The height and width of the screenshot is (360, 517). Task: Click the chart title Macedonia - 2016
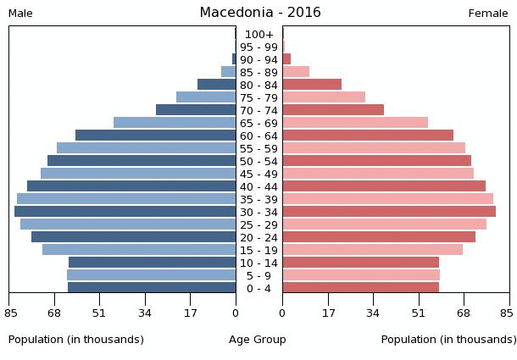pos(260,13)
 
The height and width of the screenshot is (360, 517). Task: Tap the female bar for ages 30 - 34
pos(389,212)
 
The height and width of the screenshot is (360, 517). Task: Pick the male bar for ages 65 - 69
pos(175,123)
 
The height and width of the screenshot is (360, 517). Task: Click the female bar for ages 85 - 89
pos(296,72)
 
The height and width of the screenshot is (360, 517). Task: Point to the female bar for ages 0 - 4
pos(361,288)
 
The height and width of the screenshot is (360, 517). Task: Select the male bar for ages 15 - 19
pos(139,250)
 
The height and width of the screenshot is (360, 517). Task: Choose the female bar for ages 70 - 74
pos(333,110)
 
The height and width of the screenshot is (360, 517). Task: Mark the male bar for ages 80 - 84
pos(217,85)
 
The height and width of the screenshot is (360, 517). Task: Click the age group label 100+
pos(258,34)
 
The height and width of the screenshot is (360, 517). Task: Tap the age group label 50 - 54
pos(258,161)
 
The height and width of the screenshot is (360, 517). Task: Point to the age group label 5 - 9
pos(258,275)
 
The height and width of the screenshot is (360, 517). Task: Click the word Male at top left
pos(20,14)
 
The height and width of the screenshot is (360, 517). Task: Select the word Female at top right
pos(488,14)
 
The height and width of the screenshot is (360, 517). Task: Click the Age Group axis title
pos(258,340)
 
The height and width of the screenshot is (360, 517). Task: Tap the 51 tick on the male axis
pos(99,313)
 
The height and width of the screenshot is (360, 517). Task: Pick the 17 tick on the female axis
pos(328,313)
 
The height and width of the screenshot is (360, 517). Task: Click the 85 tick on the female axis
pos(507,313)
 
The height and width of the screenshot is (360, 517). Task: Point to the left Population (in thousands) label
pos(76,340)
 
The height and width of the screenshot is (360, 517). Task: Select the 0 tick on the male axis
pos(236,313)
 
